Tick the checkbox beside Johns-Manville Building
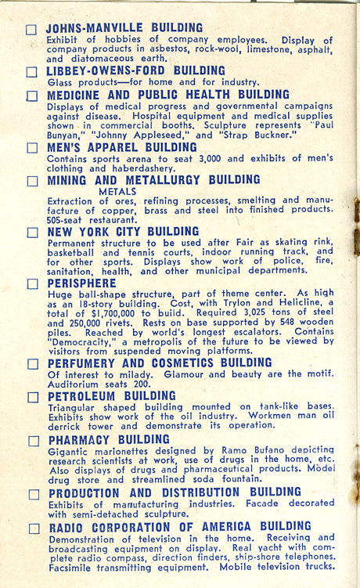point(31,30)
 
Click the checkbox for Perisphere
point(31,283)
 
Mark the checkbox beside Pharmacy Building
point(32,442)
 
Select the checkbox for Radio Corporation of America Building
point(32,528)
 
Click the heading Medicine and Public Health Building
point(167,95)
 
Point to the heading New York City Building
point(123,232)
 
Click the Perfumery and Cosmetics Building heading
point(160,363)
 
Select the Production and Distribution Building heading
point(174,492)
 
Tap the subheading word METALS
point(118,189)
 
